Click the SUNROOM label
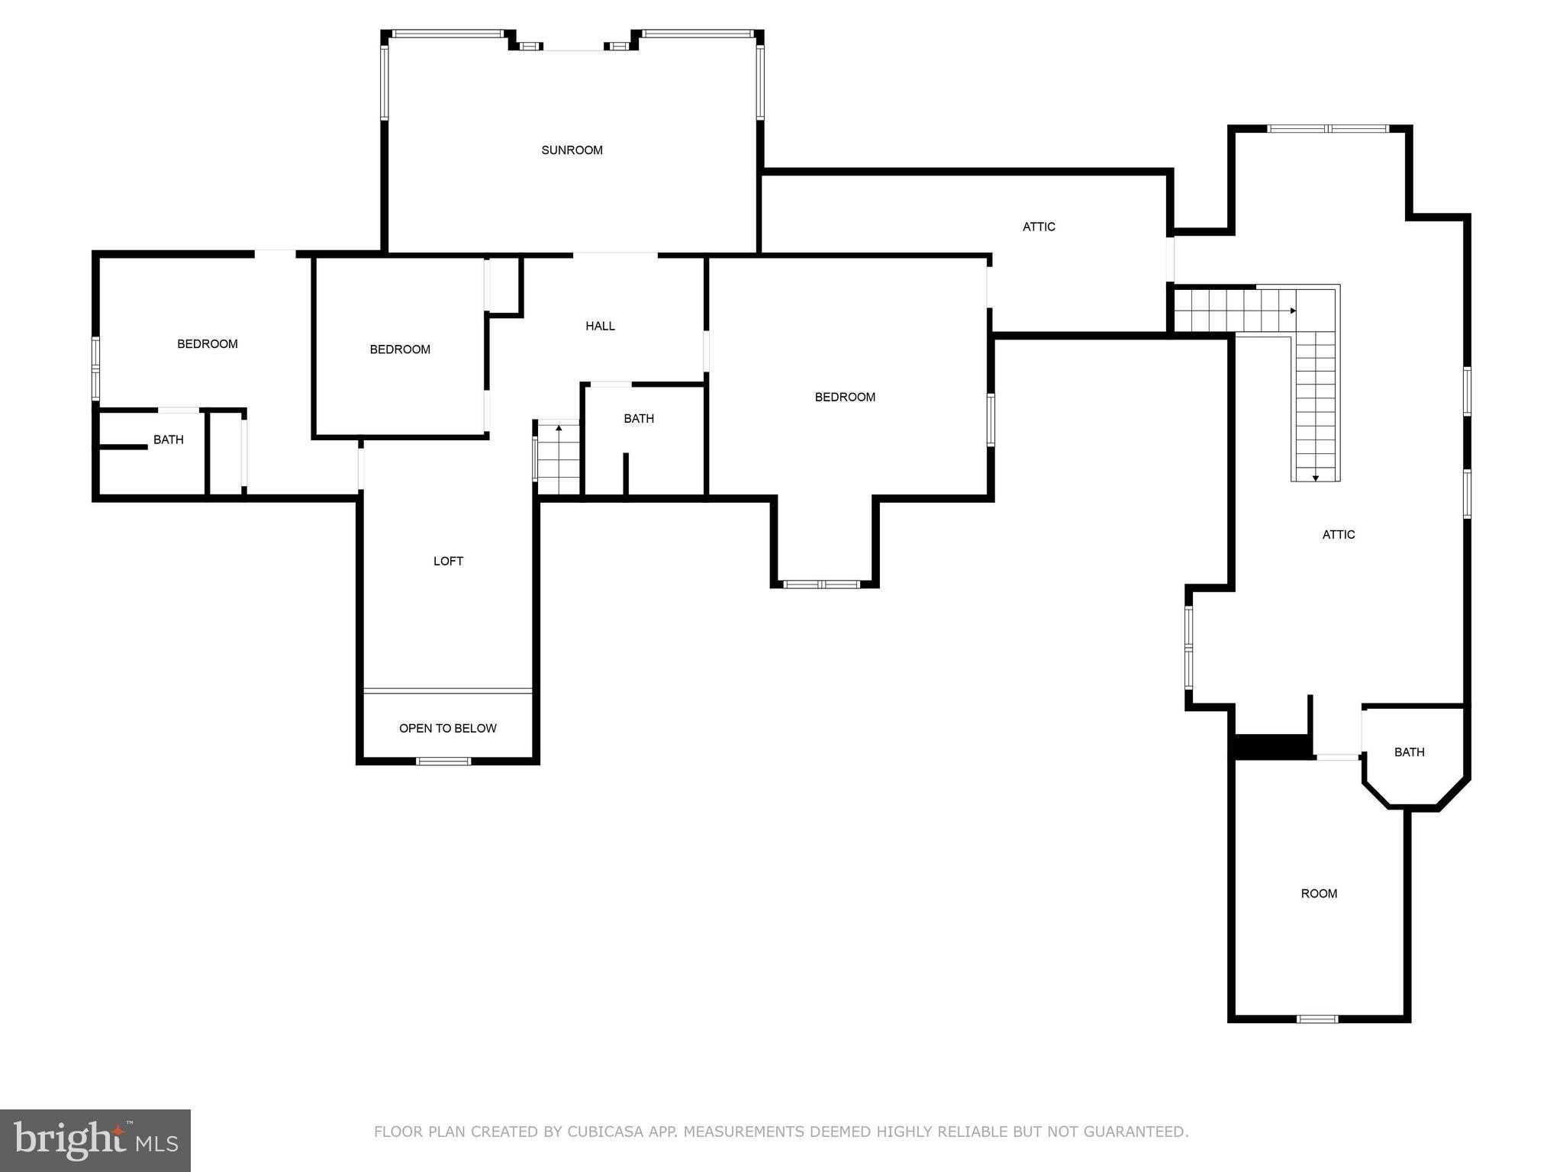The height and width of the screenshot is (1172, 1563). click(572, 150)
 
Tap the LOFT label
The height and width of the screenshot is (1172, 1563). click(448, 561)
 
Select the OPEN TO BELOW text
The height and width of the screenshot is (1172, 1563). click(447, 728)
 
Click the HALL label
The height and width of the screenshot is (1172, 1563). click(600, 326)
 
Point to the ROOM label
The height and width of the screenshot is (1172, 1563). click(1319, 893)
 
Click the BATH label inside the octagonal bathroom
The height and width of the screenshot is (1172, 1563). click(1409, 752)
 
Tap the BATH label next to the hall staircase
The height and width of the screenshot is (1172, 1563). click(638, 418)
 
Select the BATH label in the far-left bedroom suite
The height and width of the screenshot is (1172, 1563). click(168, 439)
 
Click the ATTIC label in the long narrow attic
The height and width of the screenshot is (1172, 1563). click(1039, 227)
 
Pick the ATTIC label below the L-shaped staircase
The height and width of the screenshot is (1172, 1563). click(1339, 534)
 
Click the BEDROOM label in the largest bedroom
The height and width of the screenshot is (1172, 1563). click(845, 397)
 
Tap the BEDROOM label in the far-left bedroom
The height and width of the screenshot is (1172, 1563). click(207, 344)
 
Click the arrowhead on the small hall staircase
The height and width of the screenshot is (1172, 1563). click(559, 428)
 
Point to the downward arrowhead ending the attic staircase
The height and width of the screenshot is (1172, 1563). click(1316, 478)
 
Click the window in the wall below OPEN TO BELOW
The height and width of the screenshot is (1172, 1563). click(443, 760)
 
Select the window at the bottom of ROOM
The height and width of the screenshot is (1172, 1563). click(1318, 1019)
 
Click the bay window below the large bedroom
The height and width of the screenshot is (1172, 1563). click(822, 584)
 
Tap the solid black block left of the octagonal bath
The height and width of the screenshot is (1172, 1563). click(1271, 746)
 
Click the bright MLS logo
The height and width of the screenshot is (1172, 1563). click(95, 1140)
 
